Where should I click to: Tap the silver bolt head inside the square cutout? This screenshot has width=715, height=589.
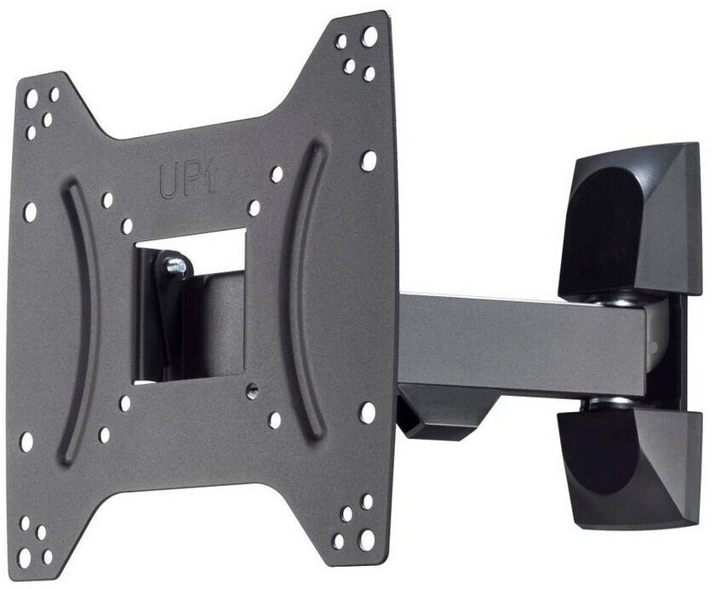(x=176, y=266)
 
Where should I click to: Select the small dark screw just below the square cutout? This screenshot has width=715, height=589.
(x=252, y=390)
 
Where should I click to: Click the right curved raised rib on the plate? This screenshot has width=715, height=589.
(x=302, y=292)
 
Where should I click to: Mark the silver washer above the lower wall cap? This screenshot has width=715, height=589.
(x=609, y=402)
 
